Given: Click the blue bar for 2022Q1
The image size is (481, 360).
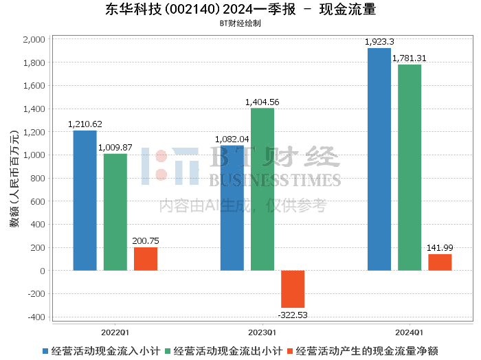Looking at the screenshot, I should (x=85, y=201).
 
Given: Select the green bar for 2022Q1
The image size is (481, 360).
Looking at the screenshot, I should (x=115, y=212).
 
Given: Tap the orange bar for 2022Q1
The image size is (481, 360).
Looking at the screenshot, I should (x=146, y=259).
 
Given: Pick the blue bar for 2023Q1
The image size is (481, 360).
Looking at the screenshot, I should (x=232, y=208).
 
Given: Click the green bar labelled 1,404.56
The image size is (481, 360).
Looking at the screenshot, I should (x=262, y=190).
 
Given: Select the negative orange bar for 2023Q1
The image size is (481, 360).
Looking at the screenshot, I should (x=293, y=289).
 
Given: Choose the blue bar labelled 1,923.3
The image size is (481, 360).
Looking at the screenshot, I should (x=379, y=159).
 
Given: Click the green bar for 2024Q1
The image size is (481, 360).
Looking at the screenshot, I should (x=410, y=168).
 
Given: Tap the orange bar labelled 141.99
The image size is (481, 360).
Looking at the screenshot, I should (x=440, y=262).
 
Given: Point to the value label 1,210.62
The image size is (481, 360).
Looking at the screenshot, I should (x=85, y=124).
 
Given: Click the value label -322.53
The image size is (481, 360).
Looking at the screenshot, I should (x=293, y=315).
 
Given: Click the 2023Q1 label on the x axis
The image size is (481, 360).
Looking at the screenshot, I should (x=262, y=330).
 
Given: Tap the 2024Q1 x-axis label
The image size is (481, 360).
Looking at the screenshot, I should (x=410, y=330).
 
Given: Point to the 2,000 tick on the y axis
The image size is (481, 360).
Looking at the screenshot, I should (x=34, y=40).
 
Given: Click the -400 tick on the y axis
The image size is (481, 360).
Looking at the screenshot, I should (x=36, y=317).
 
